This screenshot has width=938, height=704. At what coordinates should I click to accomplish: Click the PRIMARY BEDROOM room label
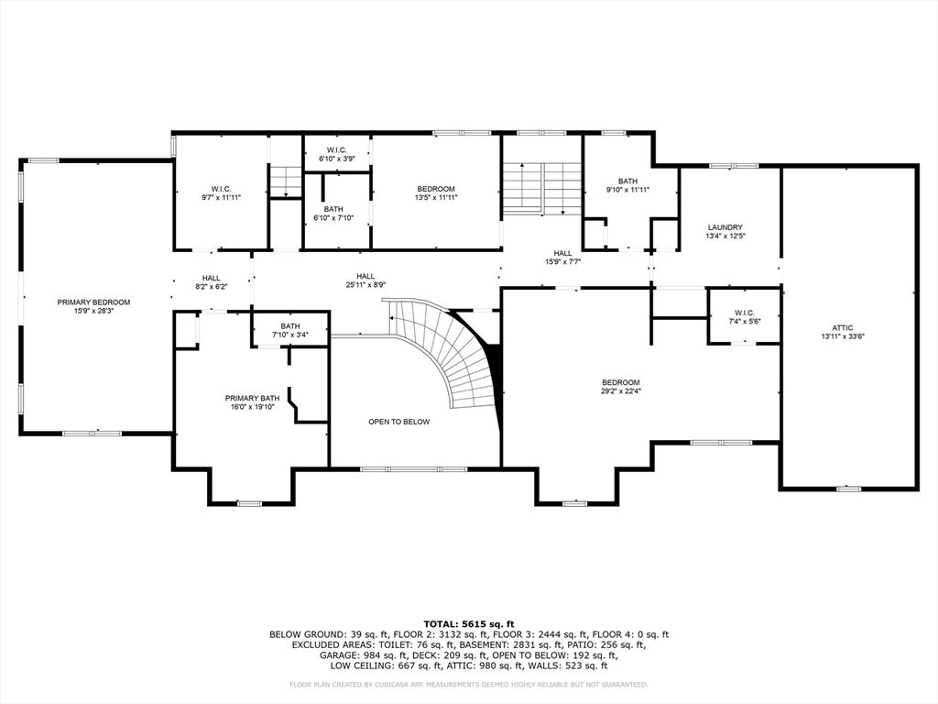[93, 302]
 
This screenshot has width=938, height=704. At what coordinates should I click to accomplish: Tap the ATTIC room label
[843, 327]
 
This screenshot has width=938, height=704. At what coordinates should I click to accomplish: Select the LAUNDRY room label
[725, 227]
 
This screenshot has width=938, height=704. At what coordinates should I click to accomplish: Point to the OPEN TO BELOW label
[399, 422]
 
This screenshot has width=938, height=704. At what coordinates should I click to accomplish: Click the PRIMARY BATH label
[253, 398]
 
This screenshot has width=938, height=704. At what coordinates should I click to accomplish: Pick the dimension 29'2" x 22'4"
[621, 390]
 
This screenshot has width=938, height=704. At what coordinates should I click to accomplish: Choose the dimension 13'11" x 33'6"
[843, 335]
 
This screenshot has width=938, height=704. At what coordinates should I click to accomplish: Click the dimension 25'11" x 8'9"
[365, 284]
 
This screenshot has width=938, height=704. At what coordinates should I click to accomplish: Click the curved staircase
[454, 353]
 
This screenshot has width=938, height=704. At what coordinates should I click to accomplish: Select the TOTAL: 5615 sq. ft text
[469, 623]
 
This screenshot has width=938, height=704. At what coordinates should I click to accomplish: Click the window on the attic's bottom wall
[849, 489]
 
